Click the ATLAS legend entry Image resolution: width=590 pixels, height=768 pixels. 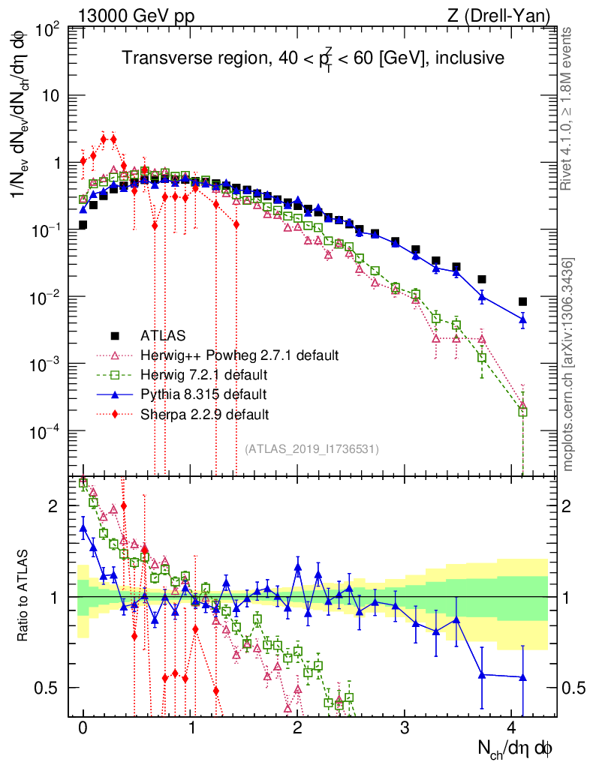(x=164, y=334)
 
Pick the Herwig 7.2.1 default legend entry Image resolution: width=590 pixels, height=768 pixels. (x=203, y=373)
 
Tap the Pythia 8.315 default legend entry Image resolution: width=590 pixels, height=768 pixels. (x=203, y=394)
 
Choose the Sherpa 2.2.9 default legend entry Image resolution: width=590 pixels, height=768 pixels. (x=204, y=413)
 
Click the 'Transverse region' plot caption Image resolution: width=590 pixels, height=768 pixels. (x=313, y=58)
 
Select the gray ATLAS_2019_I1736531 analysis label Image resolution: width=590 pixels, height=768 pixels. (x=312, y=449)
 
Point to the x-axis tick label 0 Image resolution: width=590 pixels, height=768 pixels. (x=83, y=728)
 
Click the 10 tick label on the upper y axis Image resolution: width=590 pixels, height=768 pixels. (x=51, y=96)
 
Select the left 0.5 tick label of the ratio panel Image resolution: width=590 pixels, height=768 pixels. (x=49, y=688)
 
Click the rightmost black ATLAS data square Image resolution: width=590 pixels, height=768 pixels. (x=522, y=301)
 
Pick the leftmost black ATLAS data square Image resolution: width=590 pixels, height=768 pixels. (x=83, y=224)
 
